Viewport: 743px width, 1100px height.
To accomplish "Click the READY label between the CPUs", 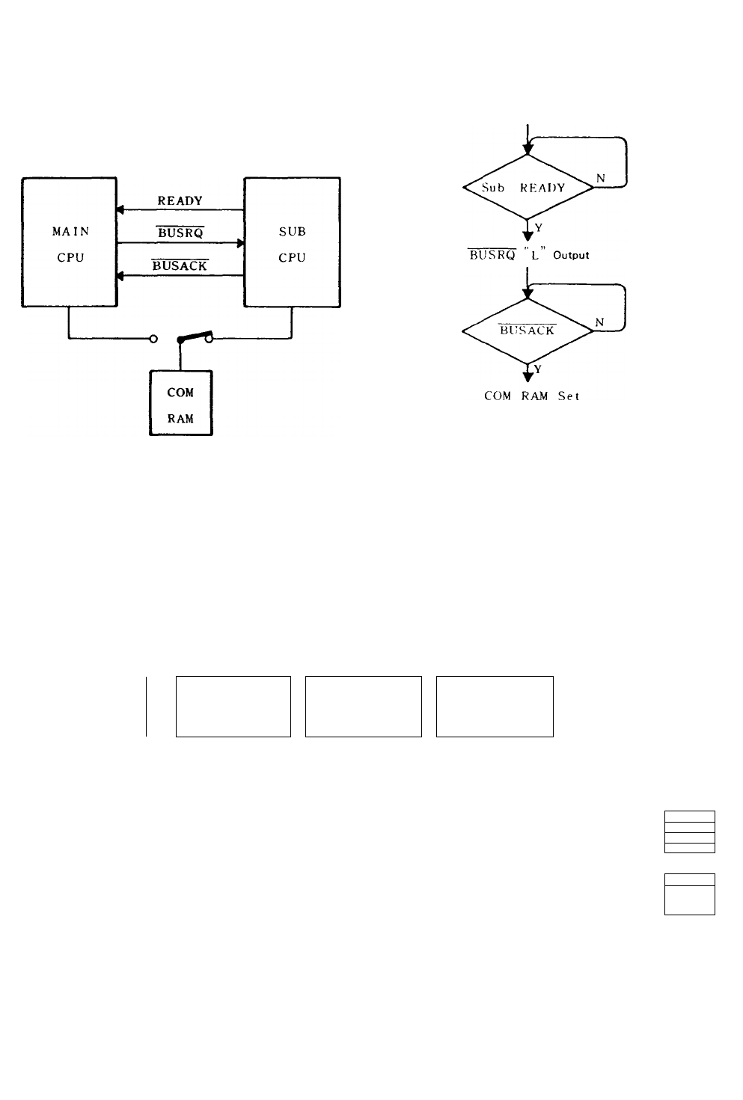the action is tap(180, 200).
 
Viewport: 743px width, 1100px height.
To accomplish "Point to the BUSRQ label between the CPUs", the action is tap(180, 232).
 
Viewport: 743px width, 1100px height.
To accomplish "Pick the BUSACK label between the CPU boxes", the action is tap(180, 265).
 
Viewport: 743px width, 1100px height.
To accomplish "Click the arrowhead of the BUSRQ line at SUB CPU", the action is tap(241, 243).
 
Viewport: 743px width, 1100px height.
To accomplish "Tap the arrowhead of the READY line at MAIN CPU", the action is tap(120, 210).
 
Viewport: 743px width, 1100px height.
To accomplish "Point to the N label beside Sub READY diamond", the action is tap(601, 178).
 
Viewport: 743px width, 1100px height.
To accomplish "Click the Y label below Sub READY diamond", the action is tap(539, 227).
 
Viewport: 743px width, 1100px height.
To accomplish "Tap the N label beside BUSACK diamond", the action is tap(599, 322).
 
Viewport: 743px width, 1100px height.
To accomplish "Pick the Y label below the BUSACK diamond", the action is tap(537, 369).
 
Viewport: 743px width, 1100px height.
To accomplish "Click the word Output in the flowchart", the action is tap(571, 255).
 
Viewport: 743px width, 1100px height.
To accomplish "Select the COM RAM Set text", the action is tap(532, 396).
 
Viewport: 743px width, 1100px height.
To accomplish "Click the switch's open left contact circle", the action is tap(153, 339).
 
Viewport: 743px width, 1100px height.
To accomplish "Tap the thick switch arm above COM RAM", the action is tap(195, 337).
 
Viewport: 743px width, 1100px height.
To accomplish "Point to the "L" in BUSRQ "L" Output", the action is tap(535, 254).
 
